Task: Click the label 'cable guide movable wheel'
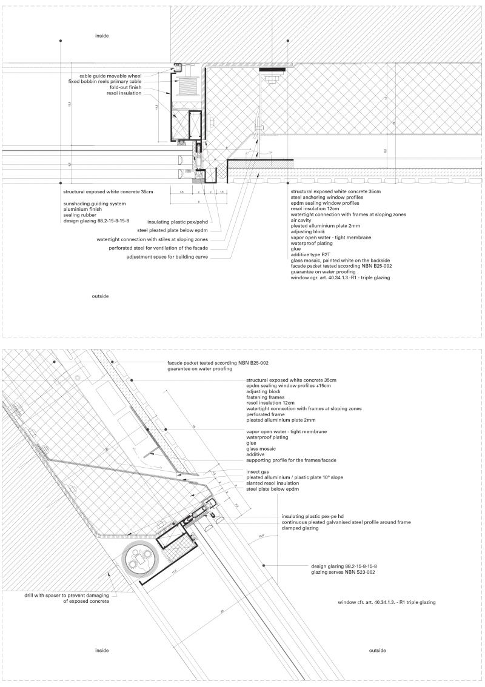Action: pyautogui.click(x=110, y=76)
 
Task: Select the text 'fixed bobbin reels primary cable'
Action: pyautogui.click(x=104, y=81)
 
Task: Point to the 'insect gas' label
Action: pyautogui.click(x=257, y=471)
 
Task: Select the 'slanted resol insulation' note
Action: pyautogui.click(x=273, y=483)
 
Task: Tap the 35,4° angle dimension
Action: pyautogui.click(x=261, y=536)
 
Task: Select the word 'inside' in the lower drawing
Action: pyautogui.click(x=102, y=651)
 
